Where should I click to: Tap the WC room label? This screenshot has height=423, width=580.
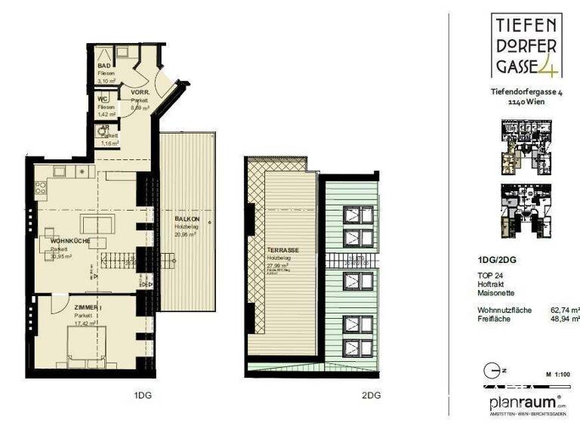102,100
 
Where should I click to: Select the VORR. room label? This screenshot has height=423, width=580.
140,92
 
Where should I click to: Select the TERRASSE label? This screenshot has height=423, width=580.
282,249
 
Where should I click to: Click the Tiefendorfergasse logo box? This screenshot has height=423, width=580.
526,46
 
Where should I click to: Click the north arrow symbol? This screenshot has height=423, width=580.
491,372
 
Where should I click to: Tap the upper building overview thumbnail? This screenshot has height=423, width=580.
526,145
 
